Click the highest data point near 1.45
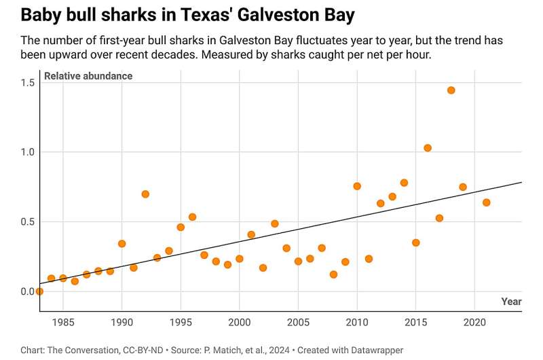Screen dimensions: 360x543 point(451,90)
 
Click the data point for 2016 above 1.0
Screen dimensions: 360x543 point(428,148)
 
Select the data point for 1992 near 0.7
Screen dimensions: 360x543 point(145,194)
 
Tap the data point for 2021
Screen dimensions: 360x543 point(486,202)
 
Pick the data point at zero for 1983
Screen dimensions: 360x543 point(39,291)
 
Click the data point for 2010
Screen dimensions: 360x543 point(357,186)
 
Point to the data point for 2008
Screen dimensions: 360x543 point(333,274)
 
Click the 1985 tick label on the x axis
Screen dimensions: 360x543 point(63,321)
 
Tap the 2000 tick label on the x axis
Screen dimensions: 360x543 point(239,321)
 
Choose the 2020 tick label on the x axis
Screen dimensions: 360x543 point(474,321)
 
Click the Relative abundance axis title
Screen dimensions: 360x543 point(88,76)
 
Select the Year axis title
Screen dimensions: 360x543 point(511,301)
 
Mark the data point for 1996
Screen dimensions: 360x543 point(192,217)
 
